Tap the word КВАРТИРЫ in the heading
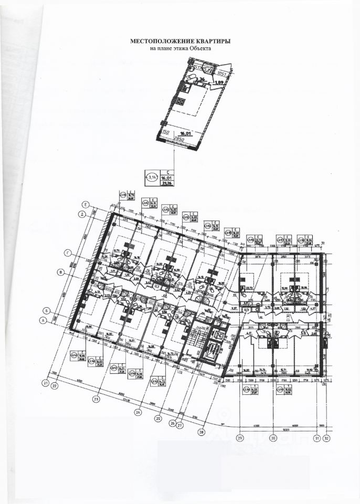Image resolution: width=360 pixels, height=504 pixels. point(213,40)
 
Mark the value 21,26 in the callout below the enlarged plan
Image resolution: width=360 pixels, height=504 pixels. point(167,183)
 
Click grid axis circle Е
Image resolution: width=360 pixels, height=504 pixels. point(84,204)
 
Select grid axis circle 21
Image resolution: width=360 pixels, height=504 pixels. point(46,384)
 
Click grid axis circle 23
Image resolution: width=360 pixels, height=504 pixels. point(96,399)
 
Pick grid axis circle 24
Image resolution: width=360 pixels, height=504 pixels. point(138,412)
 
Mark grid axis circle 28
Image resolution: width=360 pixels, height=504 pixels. point(201,432)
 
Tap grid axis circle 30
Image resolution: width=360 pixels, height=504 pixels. point(272,438)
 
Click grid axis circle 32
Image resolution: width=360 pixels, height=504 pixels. point(326,438)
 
